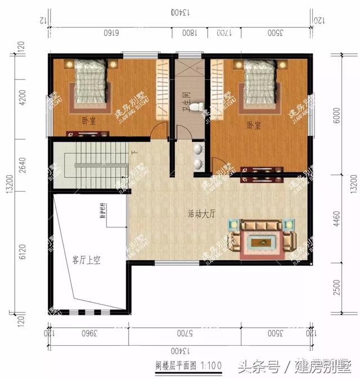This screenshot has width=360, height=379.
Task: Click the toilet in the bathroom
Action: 195,106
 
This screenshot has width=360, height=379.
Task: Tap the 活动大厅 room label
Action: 201,214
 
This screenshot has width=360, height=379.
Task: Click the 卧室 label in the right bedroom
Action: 254,124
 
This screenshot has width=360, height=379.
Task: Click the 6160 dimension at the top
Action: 111,33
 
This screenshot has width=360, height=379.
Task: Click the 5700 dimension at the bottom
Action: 184,332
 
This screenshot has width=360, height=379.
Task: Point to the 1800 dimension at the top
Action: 189,33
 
